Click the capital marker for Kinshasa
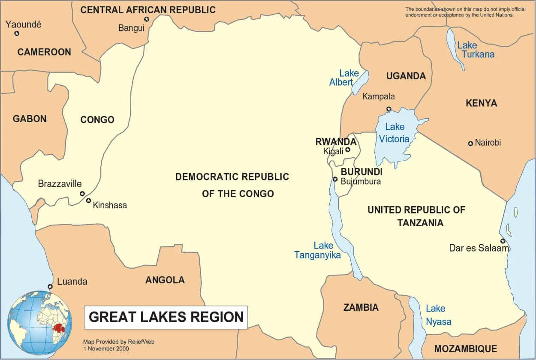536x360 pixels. [88, 201]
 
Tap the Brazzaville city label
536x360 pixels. [60, 184]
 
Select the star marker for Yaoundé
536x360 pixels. [17, 33]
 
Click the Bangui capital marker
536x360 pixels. [147, 19]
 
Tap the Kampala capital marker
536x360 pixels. [389, 109]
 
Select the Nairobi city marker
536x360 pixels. [470, 143]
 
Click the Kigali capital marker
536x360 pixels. [348, 150]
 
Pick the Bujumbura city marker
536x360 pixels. [335, 179]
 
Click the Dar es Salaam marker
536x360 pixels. [502, 241]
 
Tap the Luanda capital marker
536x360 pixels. [50, 286]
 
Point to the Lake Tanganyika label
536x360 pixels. [318, 250]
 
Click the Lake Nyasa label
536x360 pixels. [437, 315]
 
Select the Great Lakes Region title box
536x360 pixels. [166, 317]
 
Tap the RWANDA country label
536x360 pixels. [336, 142]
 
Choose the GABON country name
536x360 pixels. [30, 119]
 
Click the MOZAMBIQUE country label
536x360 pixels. [465, 348]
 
